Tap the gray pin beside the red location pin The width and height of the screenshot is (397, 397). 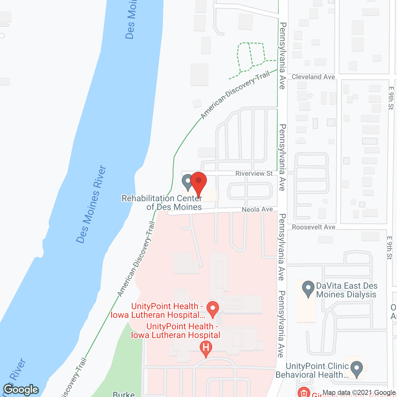(x=188, y=182)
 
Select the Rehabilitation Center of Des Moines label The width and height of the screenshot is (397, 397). (x=162, y=203)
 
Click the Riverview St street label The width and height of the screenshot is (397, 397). (x=254, y=173)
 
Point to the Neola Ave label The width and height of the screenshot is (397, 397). (x=257, y=210)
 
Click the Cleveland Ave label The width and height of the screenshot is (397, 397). (x=313, y=77)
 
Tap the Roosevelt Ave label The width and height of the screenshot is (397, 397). (x=313, y=227)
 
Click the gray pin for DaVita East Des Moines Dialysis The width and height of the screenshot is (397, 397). (x=308, y=288)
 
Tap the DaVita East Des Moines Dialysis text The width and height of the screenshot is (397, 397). (x=346, y=290)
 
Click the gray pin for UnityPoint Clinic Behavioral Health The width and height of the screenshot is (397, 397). (x=357, y=369)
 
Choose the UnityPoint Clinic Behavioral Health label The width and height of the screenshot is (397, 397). (x=312, y=370)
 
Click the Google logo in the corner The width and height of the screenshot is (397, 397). (x=21, y=390)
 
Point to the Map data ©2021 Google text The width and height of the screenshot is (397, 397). (x=359, y=393)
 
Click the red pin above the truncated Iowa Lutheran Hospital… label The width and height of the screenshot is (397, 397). (x=213, y=309)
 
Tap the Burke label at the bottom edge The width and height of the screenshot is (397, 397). (x=123, y=394)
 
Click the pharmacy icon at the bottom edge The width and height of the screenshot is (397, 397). (x=304, y=393)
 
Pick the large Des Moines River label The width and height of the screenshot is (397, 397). (x=91, y=205)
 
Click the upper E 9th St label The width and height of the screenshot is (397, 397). (x=390, y=98)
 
